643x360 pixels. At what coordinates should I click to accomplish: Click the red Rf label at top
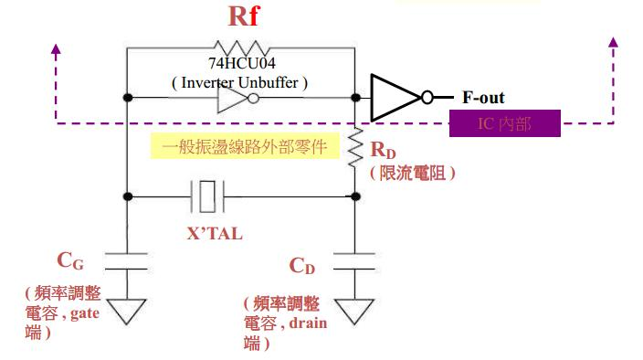(243, 18)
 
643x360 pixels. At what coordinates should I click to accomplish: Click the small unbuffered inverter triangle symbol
(236, 98)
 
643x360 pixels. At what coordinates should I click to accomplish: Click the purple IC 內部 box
(505, 123)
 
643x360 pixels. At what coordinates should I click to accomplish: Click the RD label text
(383, 150)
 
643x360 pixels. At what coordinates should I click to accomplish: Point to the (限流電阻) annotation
(412, 172)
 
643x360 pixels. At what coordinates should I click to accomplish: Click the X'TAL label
(216, 233)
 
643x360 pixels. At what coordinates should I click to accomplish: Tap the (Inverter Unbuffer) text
(240, 82)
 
